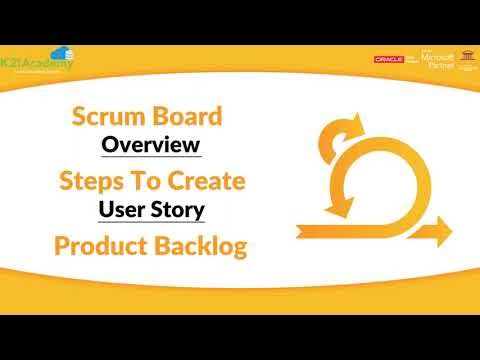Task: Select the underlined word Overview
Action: (152, 145)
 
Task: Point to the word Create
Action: (205, 181)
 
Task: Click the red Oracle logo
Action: (388, 59)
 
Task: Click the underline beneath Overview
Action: (152, 158)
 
